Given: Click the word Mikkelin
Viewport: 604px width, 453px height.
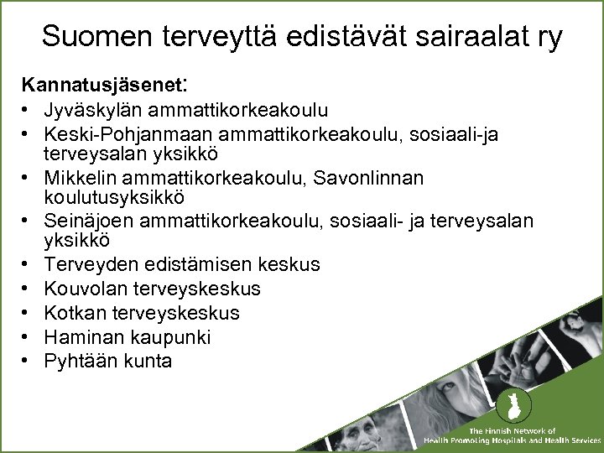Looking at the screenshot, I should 82,179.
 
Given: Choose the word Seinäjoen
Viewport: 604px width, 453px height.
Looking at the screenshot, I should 88,221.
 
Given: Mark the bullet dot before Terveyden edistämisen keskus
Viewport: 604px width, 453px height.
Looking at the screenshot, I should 28,265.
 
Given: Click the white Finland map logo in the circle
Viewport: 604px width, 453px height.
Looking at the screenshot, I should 508,409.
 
